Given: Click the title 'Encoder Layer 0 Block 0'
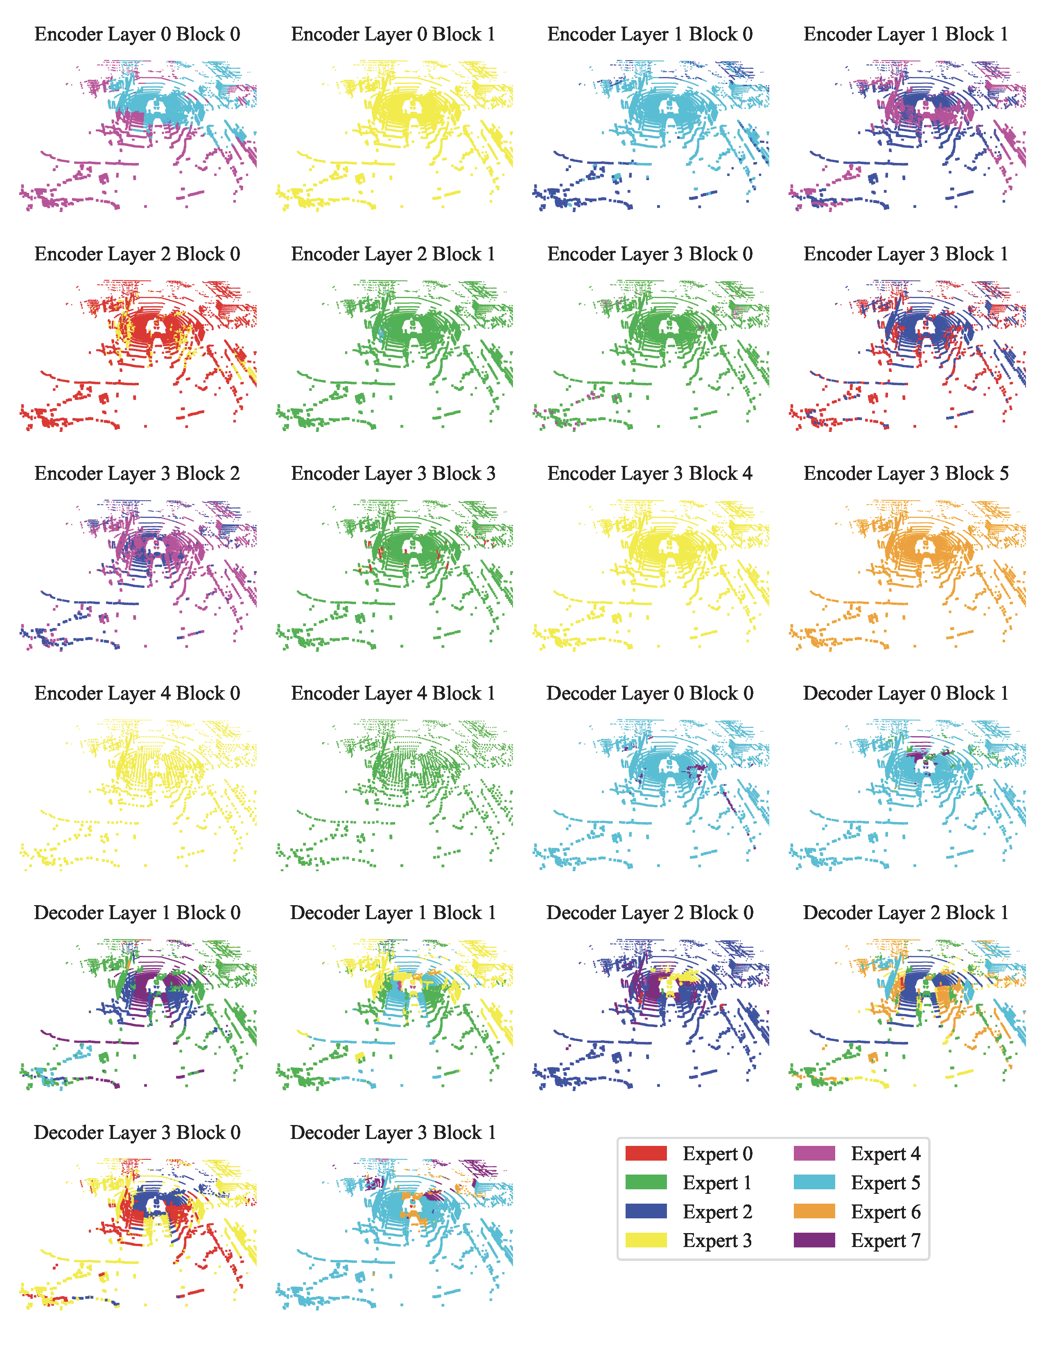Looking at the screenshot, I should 137,35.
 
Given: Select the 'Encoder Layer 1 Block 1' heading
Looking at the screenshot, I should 906,35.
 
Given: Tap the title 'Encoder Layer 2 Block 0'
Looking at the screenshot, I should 137,254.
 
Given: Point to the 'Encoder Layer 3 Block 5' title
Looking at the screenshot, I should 906,474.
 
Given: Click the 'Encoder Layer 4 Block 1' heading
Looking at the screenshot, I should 393,694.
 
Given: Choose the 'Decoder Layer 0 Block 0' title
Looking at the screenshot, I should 650,694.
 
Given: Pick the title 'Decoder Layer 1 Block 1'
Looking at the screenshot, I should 393,913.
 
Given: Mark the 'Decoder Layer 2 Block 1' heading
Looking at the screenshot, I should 906,913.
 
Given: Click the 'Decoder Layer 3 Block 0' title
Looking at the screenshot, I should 137,1133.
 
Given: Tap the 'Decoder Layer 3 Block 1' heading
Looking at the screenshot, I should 393,1133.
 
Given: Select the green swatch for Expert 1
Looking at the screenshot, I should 646,1183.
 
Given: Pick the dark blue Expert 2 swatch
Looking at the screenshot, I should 646,1212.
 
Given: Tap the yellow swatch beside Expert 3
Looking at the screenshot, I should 646,1240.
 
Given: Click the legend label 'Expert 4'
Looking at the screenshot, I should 886,1154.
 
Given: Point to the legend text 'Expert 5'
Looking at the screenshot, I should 886,1183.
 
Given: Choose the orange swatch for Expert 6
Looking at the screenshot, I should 814,1212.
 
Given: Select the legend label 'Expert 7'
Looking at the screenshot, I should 886,1240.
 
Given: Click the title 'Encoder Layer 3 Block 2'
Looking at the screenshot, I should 137,474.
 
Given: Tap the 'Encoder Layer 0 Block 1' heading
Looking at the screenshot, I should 393,35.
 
